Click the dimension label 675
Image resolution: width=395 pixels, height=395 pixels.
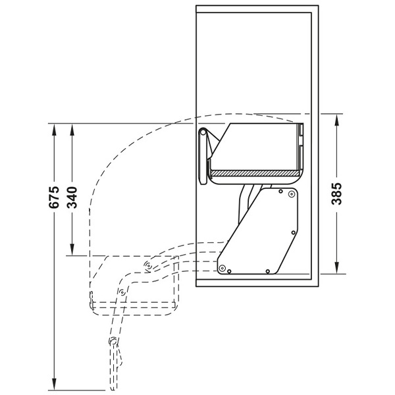55,198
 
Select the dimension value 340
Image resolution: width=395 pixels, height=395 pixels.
73,198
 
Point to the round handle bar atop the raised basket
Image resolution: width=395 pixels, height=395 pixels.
203,134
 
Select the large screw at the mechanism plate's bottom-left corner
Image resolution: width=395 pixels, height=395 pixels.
223,267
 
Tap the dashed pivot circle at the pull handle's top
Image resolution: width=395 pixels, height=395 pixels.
113,340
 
